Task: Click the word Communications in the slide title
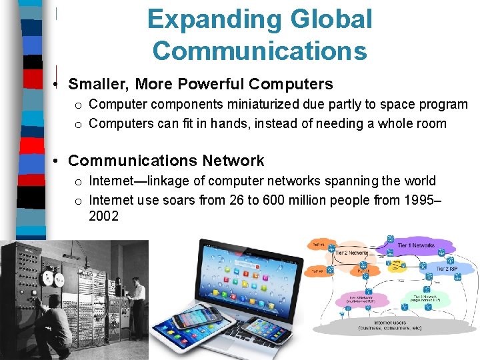point(259,51)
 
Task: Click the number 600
point(283,199)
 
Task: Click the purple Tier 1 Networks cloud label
point(416,246)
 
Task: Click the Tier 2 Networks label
point(351,253)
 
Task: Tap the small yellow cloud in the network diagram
point(397,265)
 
